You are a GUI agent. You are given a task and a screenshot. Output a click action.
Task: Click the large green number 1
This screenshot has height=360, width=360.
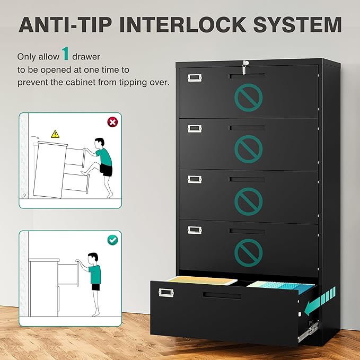(65, 54)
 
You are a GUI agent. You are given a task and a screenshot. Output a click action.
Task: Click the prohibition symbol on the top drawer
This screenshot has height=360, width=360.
(248, 97)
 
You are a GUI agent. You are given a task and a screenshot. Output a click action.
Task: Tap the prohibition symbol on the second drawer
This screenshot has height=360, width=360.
(248, 149)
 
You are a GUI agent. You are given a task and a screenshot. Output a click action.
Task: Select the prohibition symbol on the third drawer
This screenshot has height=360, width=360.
(248, 199)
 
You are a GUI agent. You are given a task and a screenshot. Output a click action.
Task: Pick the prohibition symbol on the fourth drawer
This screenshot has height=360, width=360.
(248, 251)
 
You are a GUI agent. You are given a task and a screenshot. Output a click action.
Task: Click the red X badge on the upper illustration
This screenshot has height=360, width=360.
(112, 122)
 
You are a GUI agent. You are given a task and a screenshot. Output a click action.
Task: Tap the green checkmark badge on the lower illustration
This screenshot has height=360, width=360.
(112, 240)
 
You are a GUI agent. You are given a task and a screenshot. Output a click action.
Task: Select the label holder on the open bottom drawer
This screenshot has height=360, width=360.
(166, 291)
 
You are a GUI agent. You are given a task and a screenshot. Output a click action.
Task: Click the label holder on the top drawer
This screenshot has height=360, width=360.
(195, 78)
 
